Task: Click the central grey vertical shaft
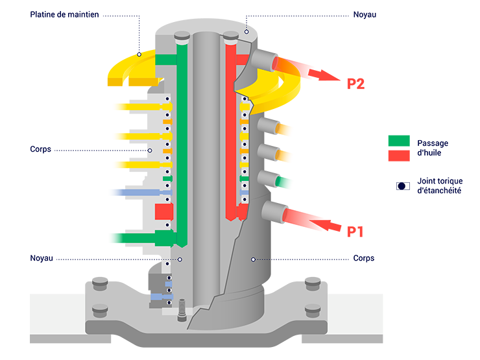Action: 207,162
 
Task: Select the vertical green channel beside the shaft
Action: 182,143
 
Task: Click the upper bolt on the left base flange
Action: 99,280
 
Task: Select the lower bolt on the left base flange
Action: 99,310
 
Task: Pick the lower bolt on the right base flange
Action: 313,310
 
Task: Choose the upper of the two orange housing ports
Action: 267,128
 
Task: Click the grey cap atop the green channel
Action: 182,35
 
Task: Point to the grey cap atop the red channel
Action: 230,35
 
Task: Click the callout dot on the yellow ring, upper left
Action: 139,54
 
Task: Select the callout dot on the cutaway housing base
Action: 253,259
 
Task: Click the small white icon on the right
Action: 403,186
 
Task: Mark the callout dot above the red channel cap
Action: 246,31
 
